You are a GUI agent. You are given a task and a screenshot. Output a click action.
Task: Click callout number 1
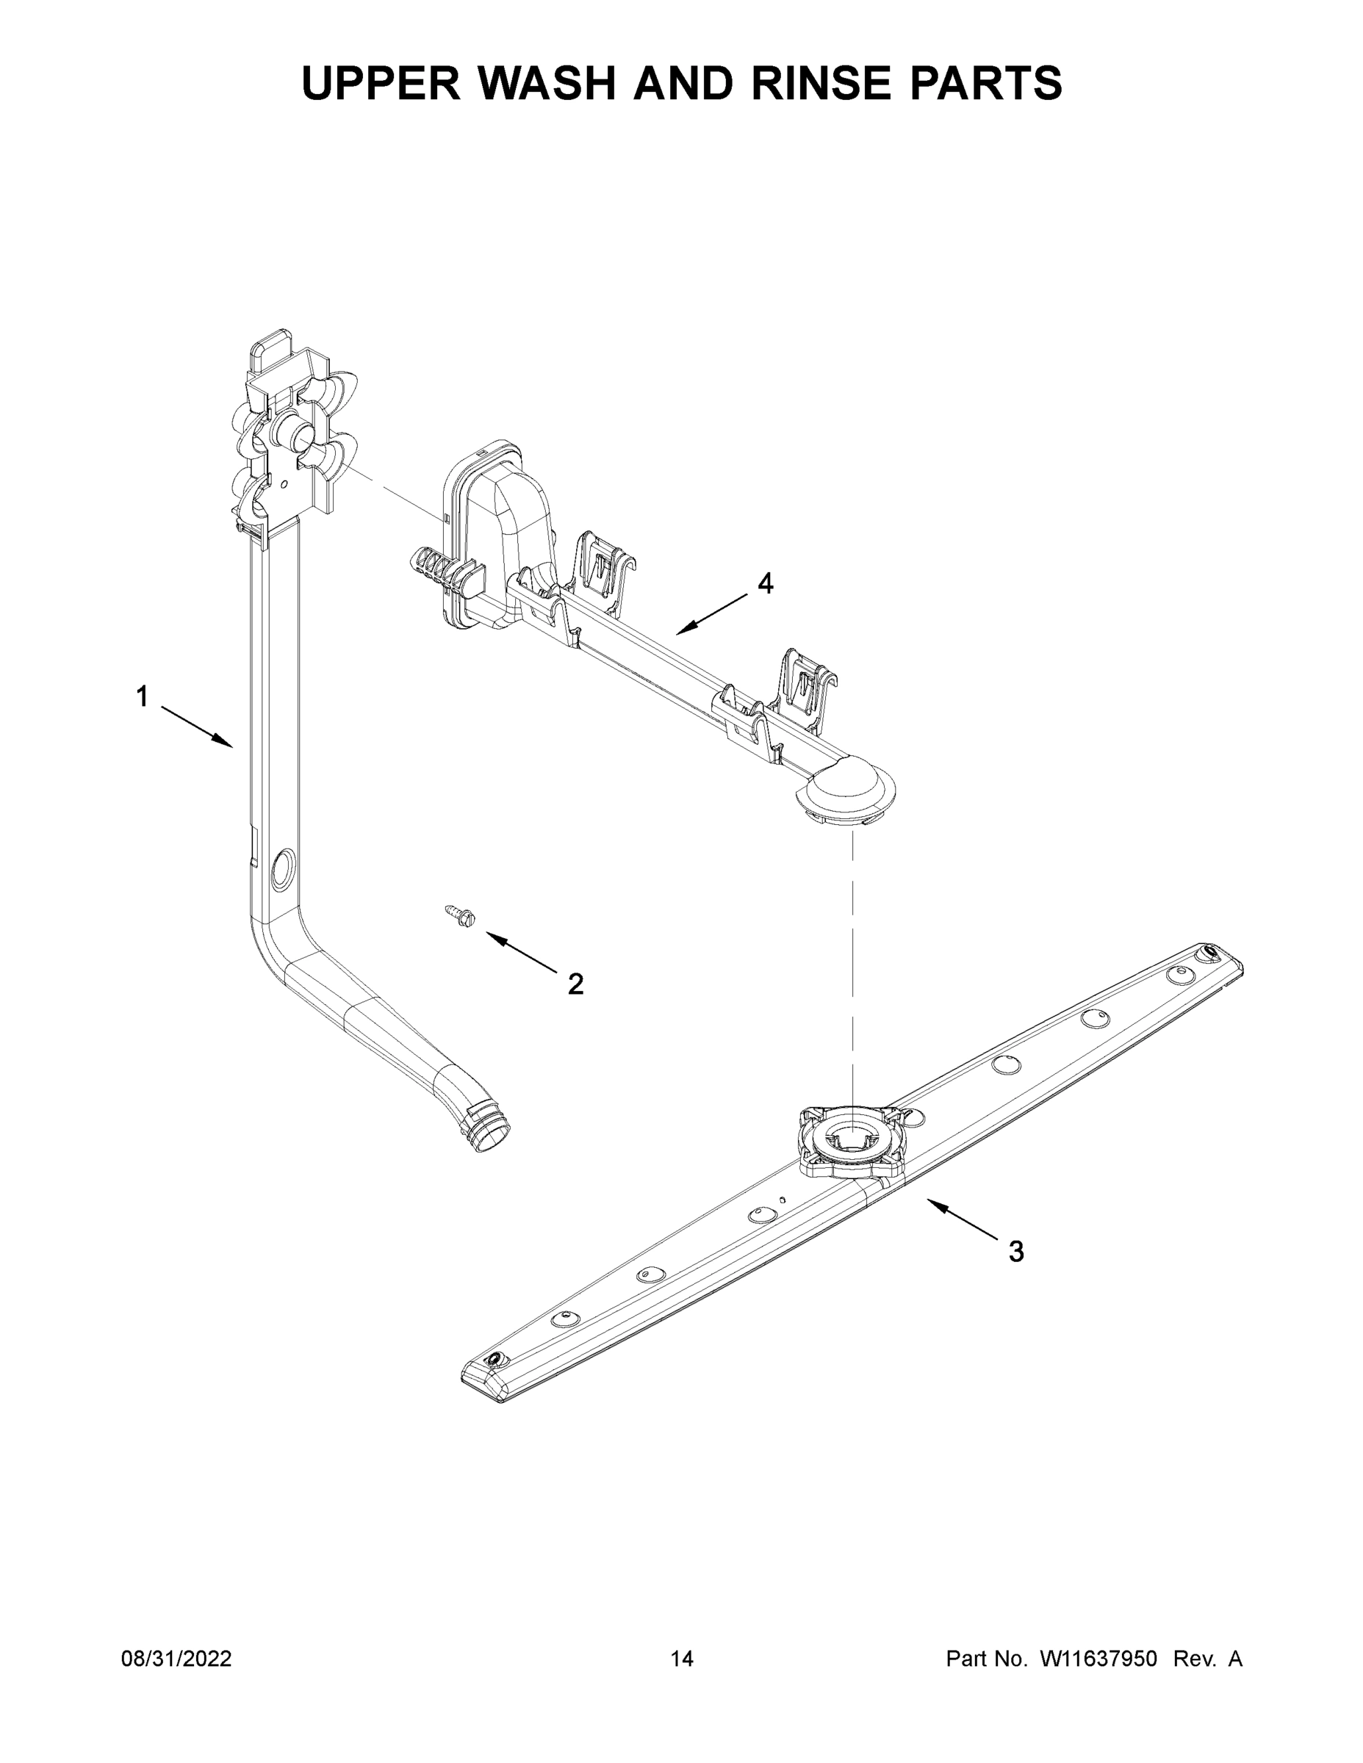click(x=142, y=696)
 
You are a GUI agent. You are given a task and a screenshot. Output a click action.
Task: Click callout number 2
click(x=575, y=984)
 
